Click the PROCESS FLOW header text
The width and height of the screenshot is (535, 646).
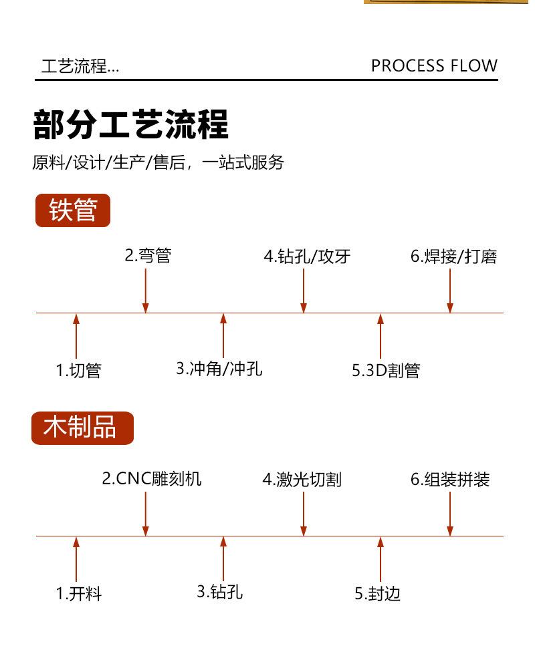(x=434, y=66)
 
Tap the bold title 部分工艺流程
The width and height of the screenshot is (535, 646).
(x=131, y=124)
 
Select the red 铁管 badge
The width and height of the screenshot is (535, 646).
(x=73, y=210)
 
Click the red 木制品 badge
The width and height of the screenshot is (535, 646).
(x=82, y=428)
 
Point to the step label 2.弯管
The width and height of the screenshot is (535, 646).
(x=148, y=255)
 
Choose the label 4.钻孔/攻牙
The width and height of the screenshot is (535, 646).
(x=308, y=257)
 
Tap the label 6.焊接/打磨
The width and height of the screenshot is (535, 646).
(x=453, y=257)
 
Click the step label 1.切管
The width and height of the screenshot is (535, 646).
(x=78, y=370)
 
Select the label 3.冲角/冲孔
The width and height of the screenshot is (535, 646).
(x=219, y=368)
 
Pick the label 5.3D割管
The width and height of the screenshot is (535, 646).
(x=386, y=370)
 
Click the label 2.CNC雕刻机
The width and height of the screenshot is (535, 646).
(x=152, y=479)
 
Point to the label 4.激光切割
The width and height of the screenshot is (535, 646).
(x=302, y=479)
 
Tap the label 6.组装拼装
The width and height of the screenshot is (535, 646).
(x=450, y=479)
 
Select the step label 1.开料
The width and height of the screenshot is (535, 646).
(x=78, y=594)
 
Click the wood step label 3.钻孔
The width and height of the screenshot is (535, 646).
(x=220, y=592)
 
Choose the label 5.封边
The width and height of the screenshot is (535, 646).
(x=377, y=593)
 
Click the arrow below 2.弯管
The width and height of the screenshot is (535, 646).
(x=146, y=291)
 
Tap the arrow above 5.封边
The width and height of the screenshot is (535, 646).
(x=381, y=558)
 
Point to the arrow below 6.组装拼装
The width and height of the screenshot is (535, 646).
(x=450, y=514)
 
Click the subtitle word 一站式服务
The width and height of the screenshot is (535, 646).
(x=243, y=162)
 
